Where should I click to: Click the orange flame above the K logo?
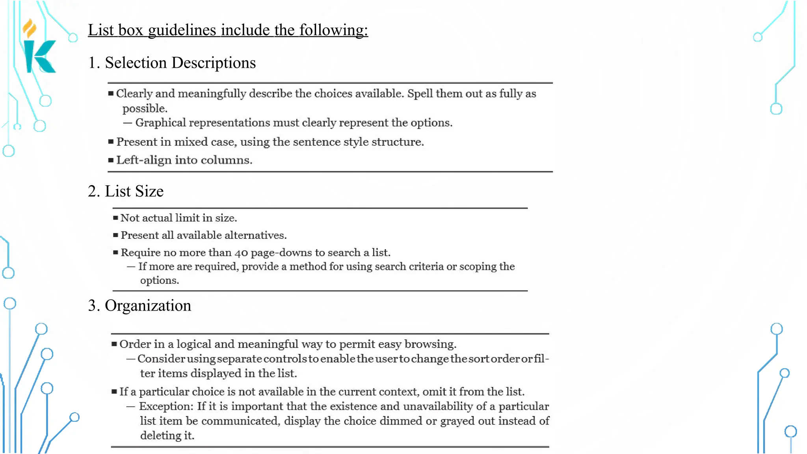click(x=30, y=28)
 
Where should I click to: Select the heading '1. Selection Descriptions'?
click(x=172, y=63)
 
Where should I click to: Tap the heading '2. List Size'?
click(x=125, y=191)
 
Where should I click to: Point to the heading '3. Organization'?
click(x=139, y=305)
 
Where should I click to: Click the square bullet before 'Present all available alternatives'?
click(x=115, y=235)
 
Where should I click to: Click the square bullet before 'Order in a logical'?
click(x=114, y=344)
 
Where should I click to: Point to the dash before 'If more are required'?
click(x=131, y=267)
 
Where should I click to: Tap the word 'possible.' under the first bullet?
click(x=145, y=108)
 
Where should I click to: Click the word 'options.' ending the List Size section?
click(x=159, y=281)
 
